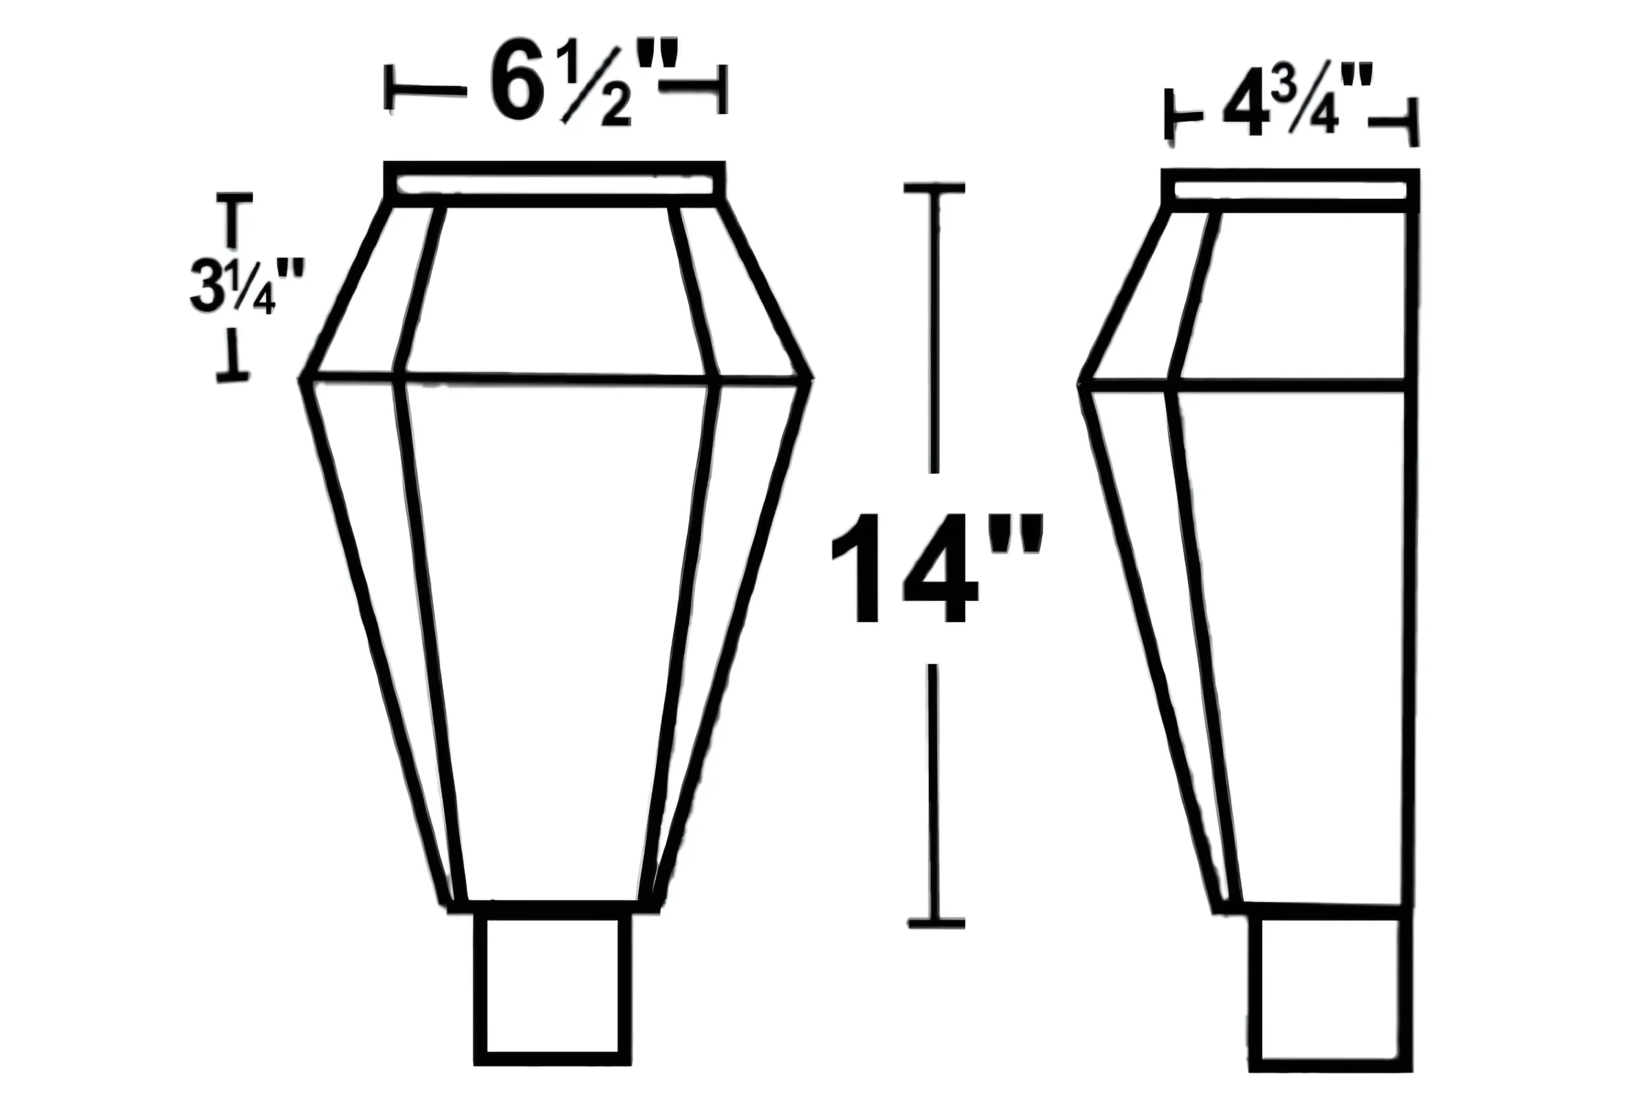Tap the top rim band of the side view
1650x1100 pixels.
coord(1290,190)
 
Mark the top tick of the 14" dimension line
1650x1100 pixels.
coord(934,187)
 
